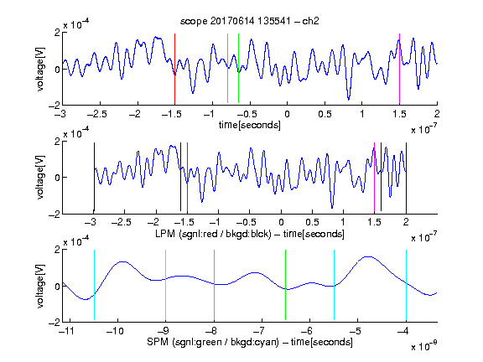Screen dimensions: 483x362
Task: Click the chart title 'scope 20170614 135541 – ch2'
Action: (x=250, y=21)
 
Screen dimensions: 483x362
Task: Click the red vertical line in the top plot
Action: (x=174, y=69)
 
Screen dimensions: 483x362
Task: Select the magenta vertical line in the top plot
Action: (x=399, y=69)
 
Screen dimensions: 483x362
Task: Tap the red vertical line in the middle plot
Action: (x=187, y=178)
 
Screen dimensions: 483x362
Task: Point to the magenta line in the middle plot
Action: (x=374, y=178)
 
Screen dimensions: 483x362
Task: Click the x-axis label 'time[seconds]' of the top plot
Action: (x=250, y=125)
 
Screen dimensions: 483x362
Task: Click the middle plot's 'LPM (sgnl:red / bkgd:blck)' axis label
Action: (x=213, y=234)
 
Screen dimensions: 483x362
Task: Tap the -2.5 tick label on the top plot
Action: (x=97, y=114)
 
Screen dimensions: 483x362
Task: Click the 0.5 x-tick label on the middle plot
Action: (x=312, y=222)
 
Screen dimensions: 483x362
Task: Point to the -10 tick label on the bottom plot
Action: (x=115, y=331)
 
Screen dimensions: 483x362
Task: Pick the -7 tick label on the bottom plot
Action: (x=259, y=331)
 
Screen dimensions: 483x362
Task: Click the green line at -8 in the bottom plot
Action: (x=214, y=285)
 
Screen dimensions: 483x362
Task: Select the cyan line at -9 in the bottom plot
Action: (x=165, y=285)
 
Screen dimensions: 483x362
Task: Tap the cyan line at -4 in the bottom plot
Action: (x=406, y=285)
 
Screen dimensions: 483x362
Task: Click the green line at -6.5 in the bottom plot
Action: (x=286, y=285)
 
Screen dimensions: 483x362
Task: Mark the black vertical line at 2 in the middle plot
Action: (x=406, y=178)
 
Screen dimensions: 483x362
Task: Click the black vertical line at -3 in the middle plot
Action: (x=94, y=178)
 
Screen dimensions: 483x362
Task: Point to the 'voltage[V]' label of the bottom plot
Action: (x=40, y=286)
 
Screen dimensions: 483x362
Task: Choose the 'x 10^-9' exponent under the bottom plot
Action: (x=423, y=346)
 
